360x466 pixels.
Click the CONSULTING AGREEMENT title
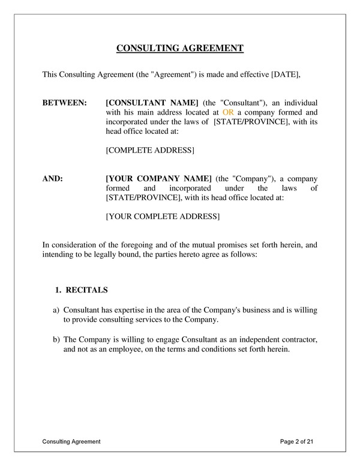pos(179,49)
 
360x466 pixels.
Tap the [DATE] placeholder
pos(285,74)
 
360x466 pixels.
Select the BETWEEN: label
pos(64,103)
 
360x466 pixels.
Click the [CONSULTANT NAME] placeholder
pos(152,103)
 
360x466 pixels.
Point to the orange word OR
pos(228,112)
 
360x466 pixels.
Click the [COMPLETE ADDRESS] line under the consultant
pos(149,150)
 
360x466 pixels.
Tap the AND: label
pos(53,179)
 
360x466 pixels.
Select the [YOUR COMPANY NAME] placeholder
pos(158,179)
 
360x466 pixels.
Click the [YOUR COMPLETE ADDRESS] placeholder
pos(162,216)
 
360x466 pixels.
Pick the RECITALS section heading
pos(86,290)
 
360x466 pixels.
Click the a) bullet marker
pos(56,310)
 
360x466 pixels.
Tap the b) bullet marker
pos(56,340)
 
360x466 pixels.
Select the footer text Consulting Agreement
pos(71,442)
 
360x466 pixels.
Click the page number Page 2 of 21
pos(296,442)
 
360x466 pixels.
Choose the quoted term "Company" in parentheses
pos(252,179)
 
